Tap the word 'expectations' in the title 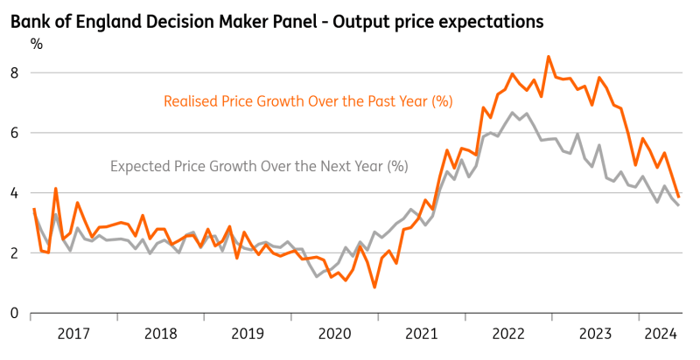click(493, 18)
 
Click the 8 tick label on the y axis click(14, 73)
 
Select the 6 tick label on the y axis click(14, 133)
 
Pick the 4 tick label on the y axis click(14, 193)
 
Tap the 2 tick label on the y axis click(14, 253)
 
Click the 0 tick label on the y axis click(14, 313)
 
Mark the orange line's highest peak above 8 click(549, 57)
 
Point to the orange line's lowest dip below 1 click(374, 287)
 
